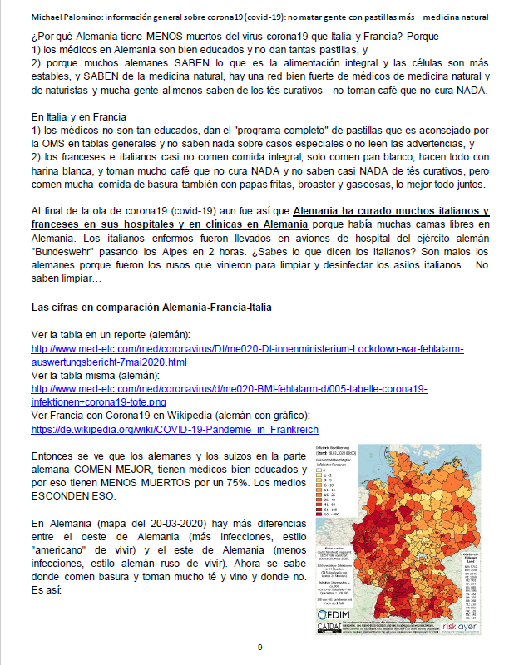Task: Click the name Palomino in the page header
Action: pyautogui.click(x=77, y=17)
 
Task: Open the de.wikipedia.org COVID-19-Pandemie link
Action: pyautogui.click(x=175, y=429)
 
